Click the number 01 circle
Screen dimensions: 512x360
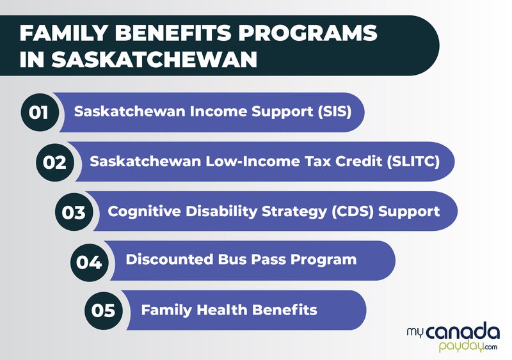40,113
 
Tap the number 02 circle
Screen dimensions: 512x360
55,162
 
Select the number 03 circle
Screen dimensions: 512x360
74,212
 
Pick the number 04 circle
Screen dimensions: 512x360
89,262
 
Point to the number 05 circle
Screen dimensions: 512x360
104,309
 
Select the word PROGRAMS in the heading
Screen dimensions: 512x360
308,33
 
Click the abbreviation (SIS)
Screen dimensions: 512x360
335,112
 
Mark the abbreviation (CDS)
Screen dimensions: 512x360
353,212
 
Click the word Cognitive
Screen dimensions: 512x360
144,212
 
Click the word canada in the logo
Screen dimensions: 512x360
463,333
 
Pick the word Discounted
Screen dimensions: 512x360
170,260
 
